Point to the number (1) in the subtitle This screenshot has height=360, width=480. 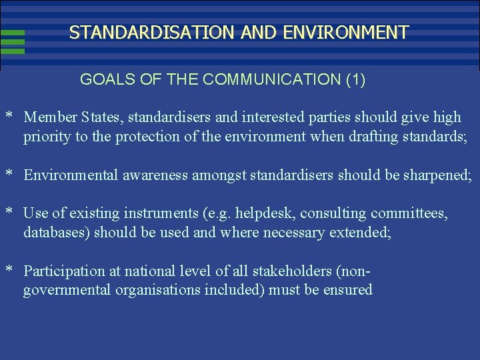[355, 79]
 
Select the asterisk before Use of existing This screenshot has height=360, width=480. [10, 213]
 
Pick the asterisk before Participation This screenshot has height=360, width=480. [10, 271]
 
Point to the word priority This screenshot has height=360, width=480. [45, 137]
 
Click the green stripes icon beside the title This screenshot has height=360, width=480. [13, 41]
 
